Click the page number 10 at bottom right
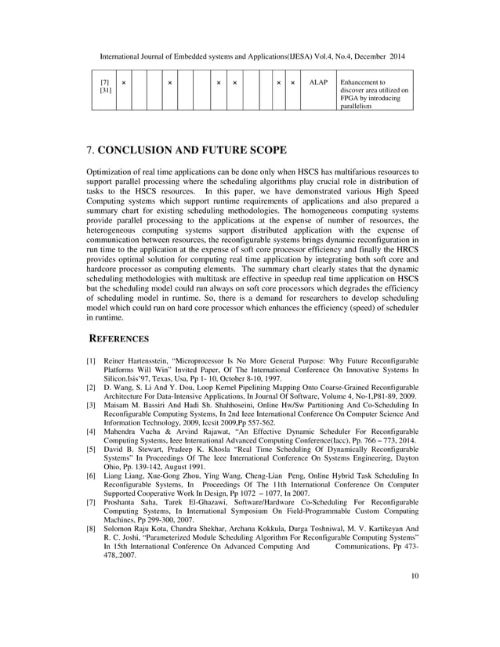point(414,600)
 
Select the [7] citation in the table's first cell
point(105,81)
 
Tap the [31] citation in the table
point(106,90)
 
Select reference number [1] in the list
point(90,361)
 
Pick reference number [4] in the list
point(90,431)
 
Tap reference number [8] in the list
point(90,529)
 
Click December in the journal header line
point(368,56)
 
